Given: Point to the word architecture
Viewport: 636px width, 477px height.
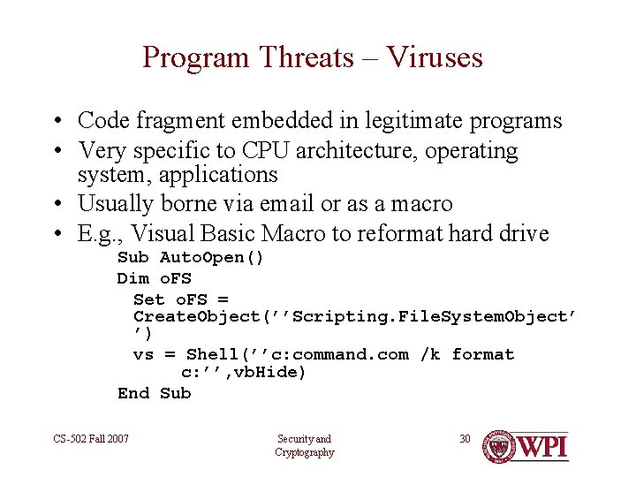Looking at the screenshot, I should [357, 151].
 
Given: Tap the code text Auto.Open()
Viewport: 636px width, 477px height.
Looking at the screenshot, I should [211, 258].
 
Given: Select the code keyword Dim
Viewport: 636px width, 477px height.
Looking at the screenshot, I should [132, 278].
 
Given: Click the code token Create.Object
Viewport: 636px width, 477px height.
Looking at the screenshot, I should [196, 316].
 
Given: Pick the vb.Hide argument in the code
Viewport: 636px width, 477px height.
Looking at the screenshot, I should [269, 373].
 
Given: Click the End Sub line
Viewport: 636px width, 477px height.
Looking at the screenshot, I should [154, 393].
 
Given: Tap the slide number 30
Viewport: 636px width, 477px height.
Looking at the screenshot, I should [466, 438].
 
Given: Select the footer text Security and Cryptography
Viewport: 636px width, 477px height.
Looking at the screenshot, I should [304, 445].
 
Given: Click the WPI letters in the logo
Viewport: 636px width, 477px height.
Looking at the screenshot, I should [543, 447].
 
